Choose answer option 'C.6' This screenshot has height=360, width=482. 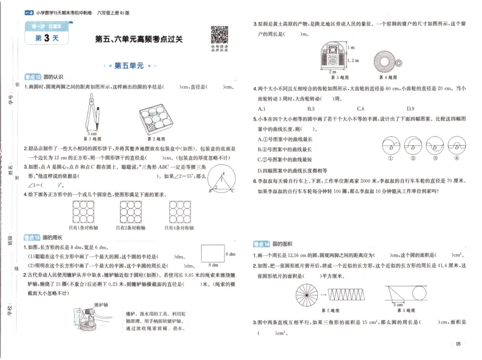point(360,109)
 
